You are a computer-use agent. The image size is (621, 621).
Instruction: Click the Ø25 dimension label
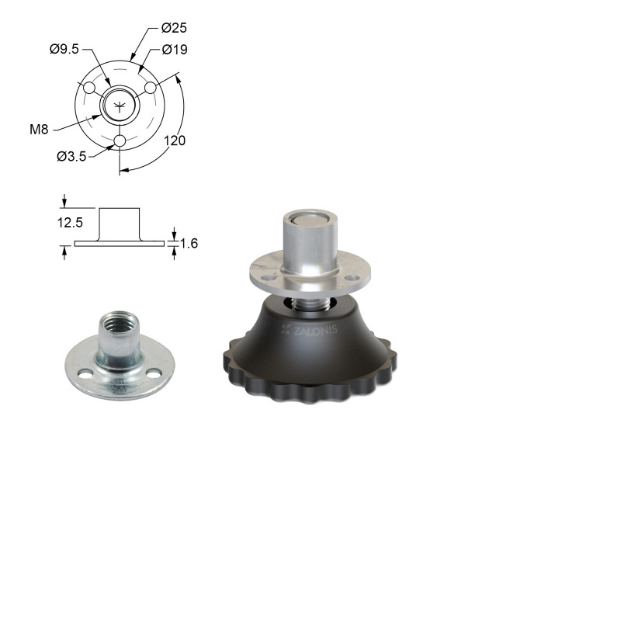[174, 28]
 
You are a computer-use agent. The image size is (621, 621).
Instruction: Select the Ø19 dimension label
[175, 50]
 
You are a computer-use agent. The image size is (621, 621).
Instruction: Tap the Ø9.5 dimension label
[64, 49]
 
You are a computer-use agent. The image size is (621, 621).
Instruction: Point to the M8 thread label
[39, 129]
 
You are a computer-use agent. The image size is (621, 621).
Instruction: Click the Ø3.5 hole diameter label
[71, 157]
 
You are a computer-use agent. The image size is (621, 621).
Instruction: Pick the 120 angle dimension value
[175, 141]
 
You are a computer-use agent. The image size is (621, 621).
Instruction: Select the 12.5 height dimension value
[70, 223]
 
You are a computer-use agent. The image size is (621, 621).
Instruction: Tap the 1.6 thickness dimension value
[189, 243]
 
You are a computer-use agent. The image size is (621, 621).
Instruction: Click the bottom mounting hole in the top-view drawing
[120, 141]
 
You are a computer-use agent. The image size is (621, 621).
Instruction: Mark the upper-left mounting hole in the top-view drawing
[89, 88]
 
